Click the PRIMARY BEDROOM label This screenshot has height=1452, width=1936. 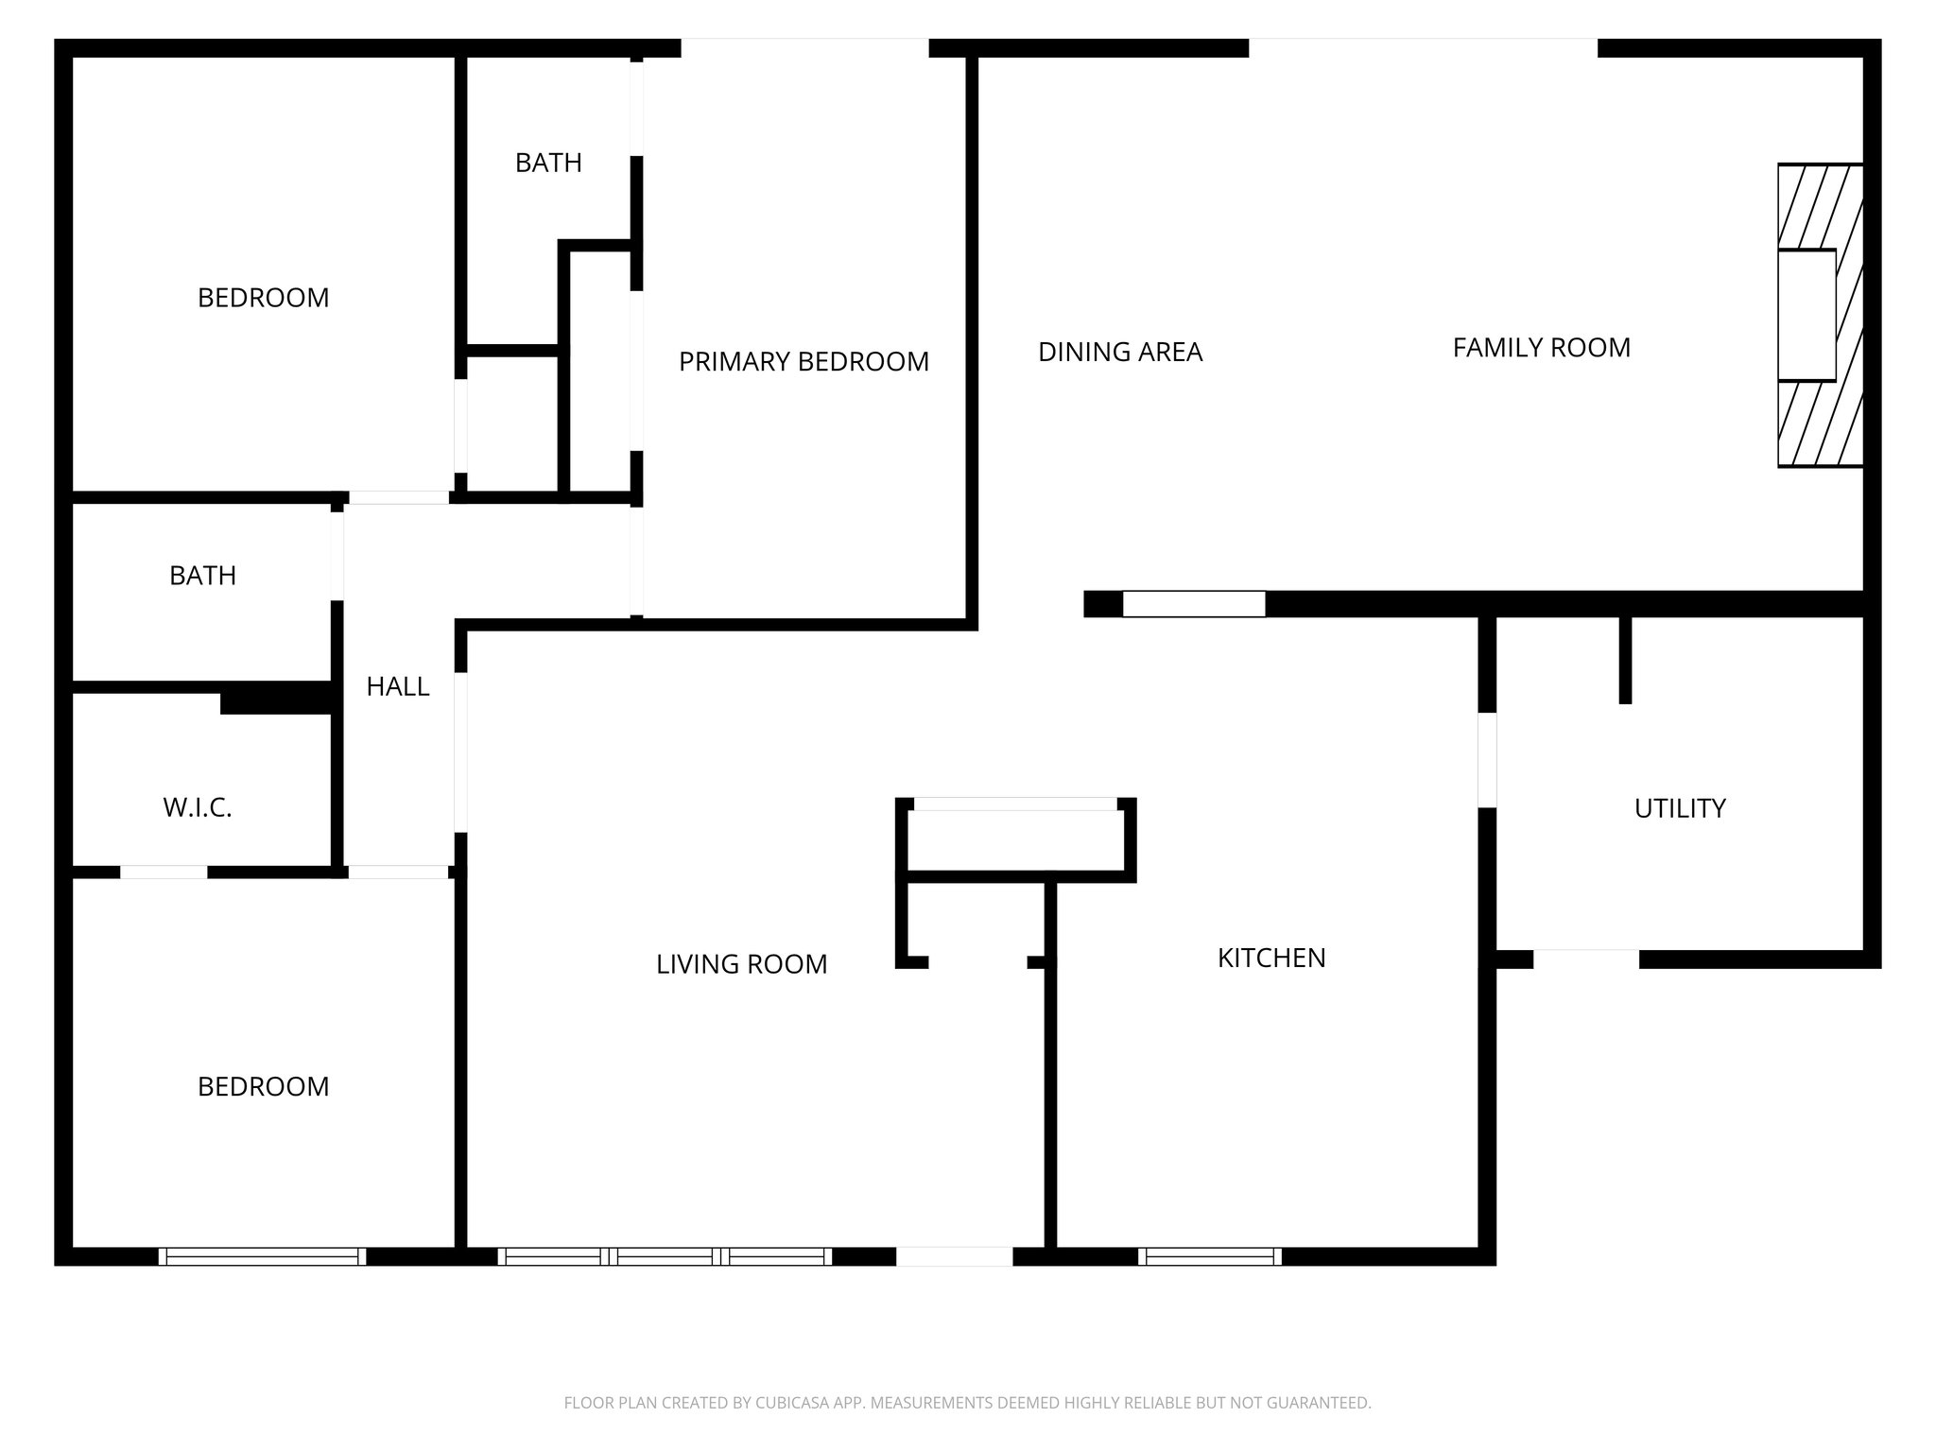click(804, 361)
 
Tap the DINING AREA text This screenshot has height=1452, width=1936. click(1120, 352)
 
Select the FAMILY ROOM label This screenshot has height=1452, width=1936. click(1541, 348)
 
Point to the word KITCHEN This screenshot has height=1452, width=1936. click(1271, 958)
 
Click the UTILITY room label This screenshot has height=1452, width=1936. click(1680, 808)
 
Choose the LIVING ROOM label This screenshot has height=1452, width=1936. click(741, 964)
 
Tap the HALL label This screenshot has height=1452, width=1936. click(398, 686)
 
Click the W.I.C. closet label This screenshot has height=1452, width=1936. click(198, 807)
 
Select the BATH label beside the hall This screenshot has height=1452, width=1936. click(202, 576)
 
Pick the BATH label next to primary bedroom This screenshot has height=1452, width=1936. click(548, 163)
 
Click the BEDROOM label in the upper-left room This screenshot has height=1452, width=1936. click(263, 298)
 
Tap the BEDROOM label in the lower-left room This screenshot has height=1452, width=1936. click(263, 1086)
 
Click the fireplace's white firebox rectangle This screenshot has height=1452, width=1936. click(1806, 316)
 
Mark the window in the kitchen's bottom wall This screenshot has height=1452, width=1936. click(1210, 1256)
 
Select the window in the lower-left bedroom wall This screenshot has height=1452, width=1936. click(262, 1256)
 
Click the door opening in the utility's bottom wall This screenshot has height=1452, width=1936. click(1585, 959)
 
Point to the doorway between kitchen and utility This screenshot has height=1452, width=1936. click(1487, 760)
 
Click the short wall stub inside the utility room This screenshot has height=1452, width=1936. click(1625, 659)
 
